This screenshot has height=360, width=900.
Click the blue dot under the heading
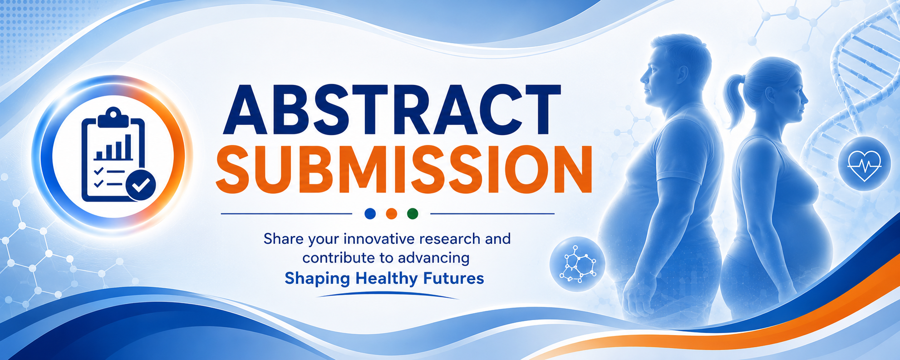370,213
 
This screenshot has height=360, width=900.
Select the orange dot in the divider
392,213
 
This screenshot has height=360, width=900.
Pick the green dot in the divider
413,213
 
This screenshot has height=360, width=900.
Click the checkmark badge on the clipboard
141,185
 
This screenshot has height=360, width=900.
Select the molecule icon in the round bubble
577,265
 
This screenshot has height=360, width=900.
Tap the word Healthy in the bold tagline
387,278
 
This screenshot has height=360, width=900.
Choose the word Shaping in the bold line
317,278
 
